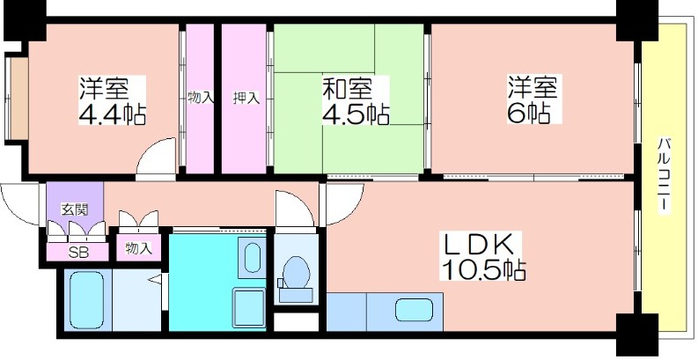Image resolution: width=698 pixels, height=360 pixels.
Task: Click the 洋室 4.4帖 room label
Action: [112, 100]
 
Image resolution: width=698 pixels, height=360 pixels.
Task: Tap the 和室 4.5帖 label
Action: [356, 100]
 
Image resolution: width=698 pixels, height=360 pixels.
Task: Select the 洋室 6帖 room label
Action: [533, 99]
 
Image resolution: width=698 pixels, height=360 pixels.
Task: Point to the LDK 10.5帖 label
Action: [483, 256]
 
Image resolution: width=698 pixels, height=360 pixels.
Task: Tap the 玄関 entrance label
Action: [74, 209]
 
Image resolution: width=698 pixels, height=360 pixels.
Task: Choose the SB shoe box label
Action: [78, 253]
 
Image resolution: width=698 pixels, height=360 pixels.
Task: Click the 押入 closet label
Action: [246, 98]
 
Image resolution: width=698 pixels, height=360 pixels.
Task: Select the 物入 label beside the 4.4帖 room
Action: [201, 98]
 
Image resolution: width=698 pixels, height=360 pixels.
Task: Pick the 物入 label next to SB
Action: [137, 248]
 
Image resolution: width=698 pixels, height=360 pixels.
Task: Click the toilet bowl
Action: [297, 272]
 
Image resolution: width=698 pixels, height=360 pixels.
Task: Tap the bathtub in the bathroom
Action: [87, 300]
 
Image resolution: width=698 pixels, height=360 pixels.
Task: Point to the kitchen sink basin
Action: [414, 309]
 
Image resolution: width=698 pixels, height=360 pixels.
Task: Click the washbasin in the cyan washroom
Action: [253, 257]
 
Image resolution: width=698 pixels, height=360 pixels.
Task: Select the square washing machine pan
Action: [249, 308]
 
